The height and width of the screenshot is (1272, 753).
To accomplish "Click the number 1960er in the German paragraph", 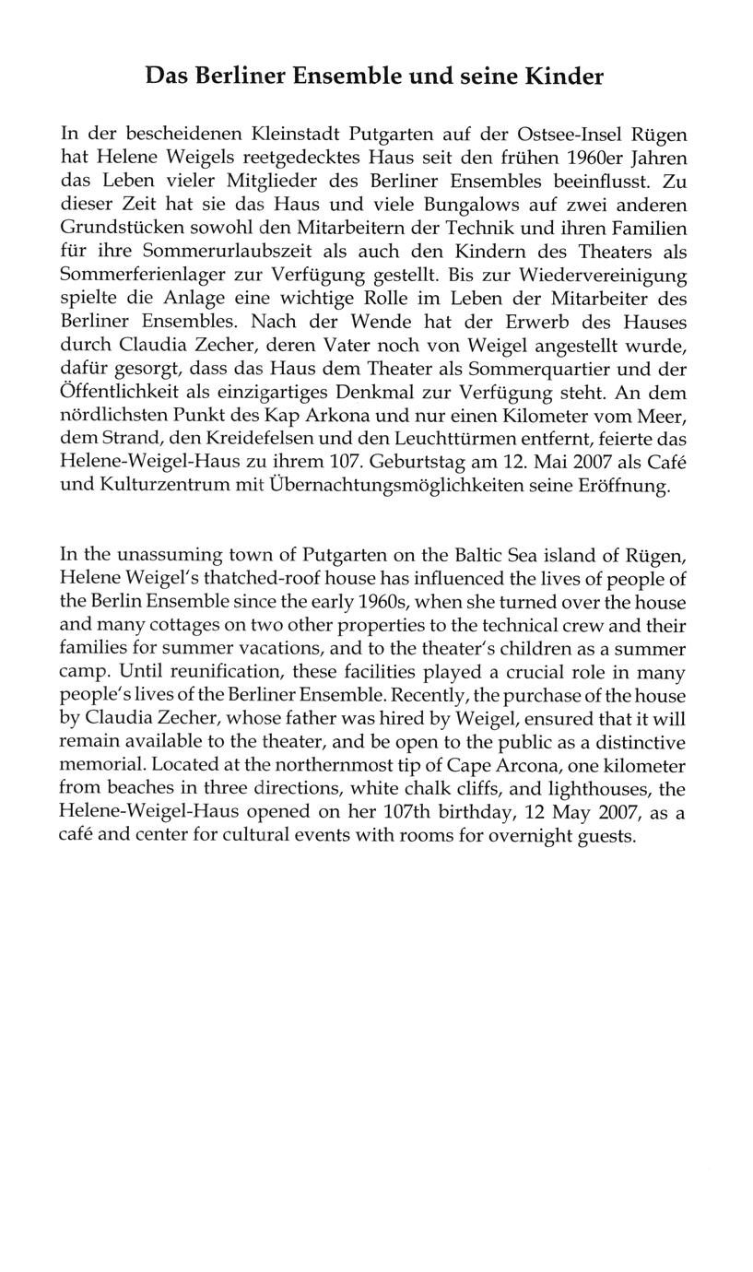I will (596, 158).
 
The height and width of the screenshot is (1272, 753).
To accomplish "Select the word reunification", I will (230, 673).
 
